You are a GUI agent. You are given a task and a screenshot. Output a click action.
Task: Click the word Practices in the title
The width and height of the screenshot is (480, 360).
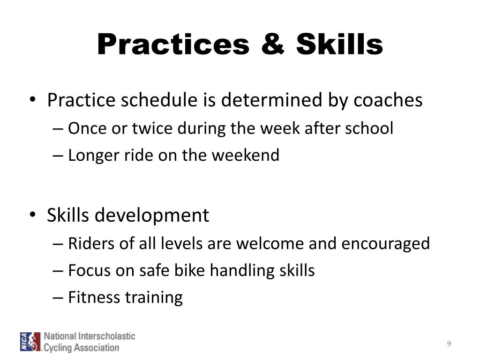tap(173, 45)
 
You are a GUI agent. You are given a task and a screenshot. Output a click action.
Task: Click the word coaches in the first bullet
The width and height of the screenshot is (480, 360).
tap(388, 100)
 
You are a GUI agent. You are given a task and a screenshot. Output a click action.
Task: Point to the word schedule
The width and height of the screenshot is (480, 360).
tap(159, 100)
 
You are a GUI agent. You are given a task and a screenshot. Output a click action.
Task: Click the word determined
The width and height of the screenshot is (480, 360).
tap(271, 100)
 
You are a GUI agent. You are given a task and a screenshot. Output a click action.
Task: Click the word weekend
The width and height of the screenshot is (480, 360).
tap(246, 155)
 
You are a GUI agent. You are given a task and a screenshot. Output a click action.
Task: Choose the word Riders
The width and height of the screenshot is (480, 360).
tap(91, 243)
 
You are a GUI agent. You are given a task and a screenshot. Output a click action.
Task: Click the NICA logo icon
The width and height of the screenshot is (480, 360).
tap(30, 342)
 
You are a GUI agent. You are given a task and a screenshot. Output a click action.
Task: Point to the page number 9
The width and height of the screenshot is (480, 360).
tap(449, 344)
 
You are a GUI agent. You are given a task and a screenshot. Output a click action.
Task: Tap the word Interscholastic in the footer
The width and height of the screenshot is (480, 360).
tap(107, 336)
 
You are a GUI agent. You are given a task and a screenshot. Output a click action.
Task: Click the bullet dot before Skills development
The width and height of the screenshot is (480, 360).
tap(33, 214)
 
